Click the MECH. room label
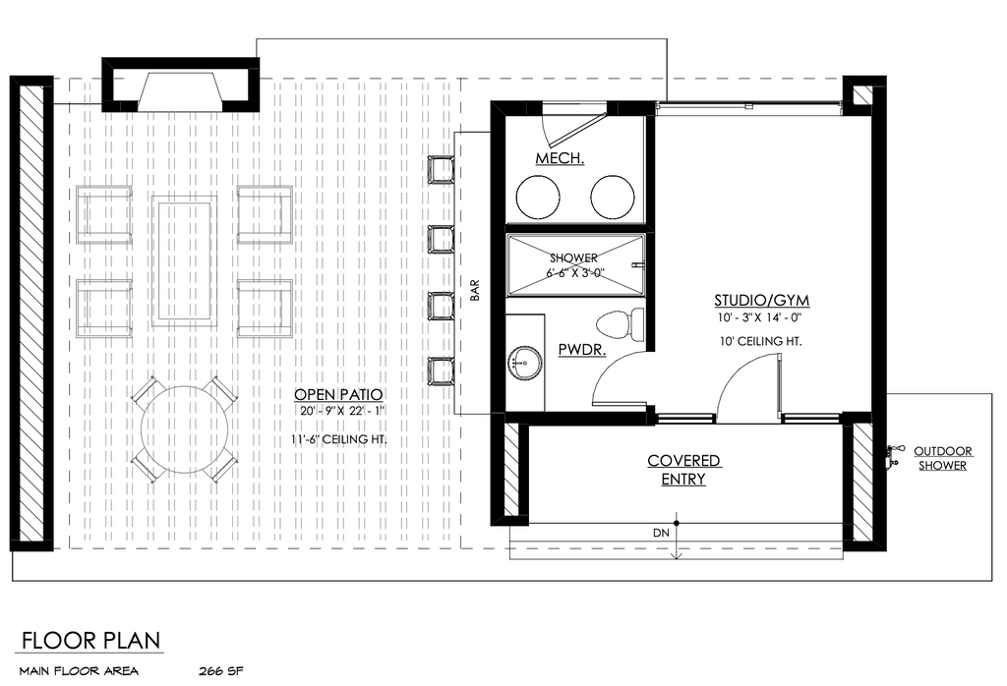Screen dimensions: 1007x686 point(560,158)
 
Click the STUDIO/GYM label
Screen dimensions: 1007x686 point(762,301)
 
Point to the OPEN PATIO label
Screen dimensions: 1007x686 point(338,395)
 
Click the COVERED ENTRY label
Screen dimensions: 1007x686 point(683,470)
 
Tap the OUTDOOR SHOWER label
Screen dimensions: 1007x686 point(943,458)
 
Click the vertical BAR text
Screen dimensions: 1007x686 point(475,290)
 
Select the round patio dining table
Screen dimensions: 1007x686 point(185,429)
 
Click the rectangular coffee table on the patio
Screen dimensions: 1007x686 point(184,260)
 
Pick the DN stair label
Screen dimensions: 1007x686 point(661,534)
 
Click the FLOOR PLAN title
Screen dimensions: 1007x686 point(90,641)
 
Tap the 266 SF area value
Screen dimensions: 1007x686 point(221,672)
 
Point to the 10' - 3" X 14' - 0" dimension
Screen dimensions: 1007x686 point(760,317)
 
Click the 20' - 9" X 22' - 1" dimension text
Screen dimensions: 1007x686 point(340,412)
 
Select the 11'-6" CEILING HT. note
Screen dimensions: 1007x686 point(338,439)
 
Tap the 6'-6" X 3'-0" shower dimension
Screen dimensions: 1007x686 point(575,273)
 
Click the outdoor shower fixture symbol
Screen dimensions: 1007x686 point(893,455)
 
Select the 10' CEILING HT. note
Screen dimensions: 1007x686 point(761,341)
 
